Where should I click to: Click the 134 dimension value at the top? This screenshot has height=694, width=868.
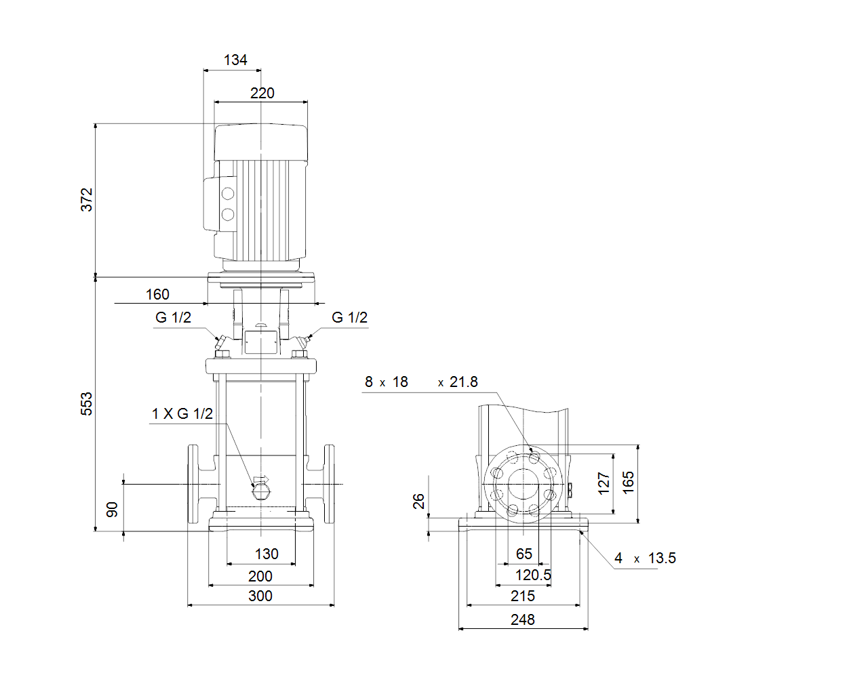pos(235,60)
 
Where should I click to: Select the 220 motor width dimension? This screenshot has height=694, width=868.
pos(262,93)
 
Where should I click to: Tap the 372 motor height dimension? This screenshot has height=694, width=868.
pos(87,200)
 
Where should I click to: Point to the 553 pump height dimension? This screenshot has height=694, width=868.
pos(87,404)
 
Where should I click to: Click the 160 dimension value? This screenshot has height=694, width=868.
pos(157,294)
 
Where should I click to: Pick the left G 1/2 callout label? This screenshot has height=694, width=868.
pos(173,317)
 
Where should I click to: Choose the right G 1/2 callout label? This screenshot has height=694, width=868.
pos(349,317)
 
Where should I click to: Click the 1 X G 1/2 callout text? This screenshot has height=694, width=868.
pos(182,413)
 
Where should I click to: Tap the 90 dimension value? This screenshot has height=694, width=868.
pos(112,510)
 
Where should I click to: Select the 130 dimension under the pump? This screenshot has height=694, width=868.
pos(267,554)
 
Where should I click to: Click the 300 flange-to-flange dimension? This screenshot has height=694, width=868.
pos(260,596)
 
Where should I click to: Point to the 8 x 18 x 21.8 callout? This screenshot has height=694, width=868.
pos(421,382)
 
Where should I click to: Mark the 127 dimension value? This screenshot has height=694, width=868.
pos(604,483)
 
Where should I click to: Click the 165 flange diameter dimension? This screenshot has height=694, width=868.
pos(629,483)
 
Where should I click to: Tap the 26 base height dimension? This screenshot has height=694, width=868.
pos(418,502)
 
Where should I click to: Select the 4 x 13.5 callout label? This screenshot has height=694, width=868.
pos(645,558)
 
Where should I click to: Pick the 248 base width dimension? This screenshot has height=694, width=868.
pos(523,620)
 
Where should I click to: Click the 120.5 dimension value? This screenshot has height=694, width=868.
pos(533,575)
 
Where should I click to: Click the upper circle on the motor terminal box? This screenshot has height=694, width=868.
pos(228,194)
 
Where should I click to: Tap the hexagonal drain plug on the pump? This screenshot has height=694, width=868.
pos(261,492)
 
